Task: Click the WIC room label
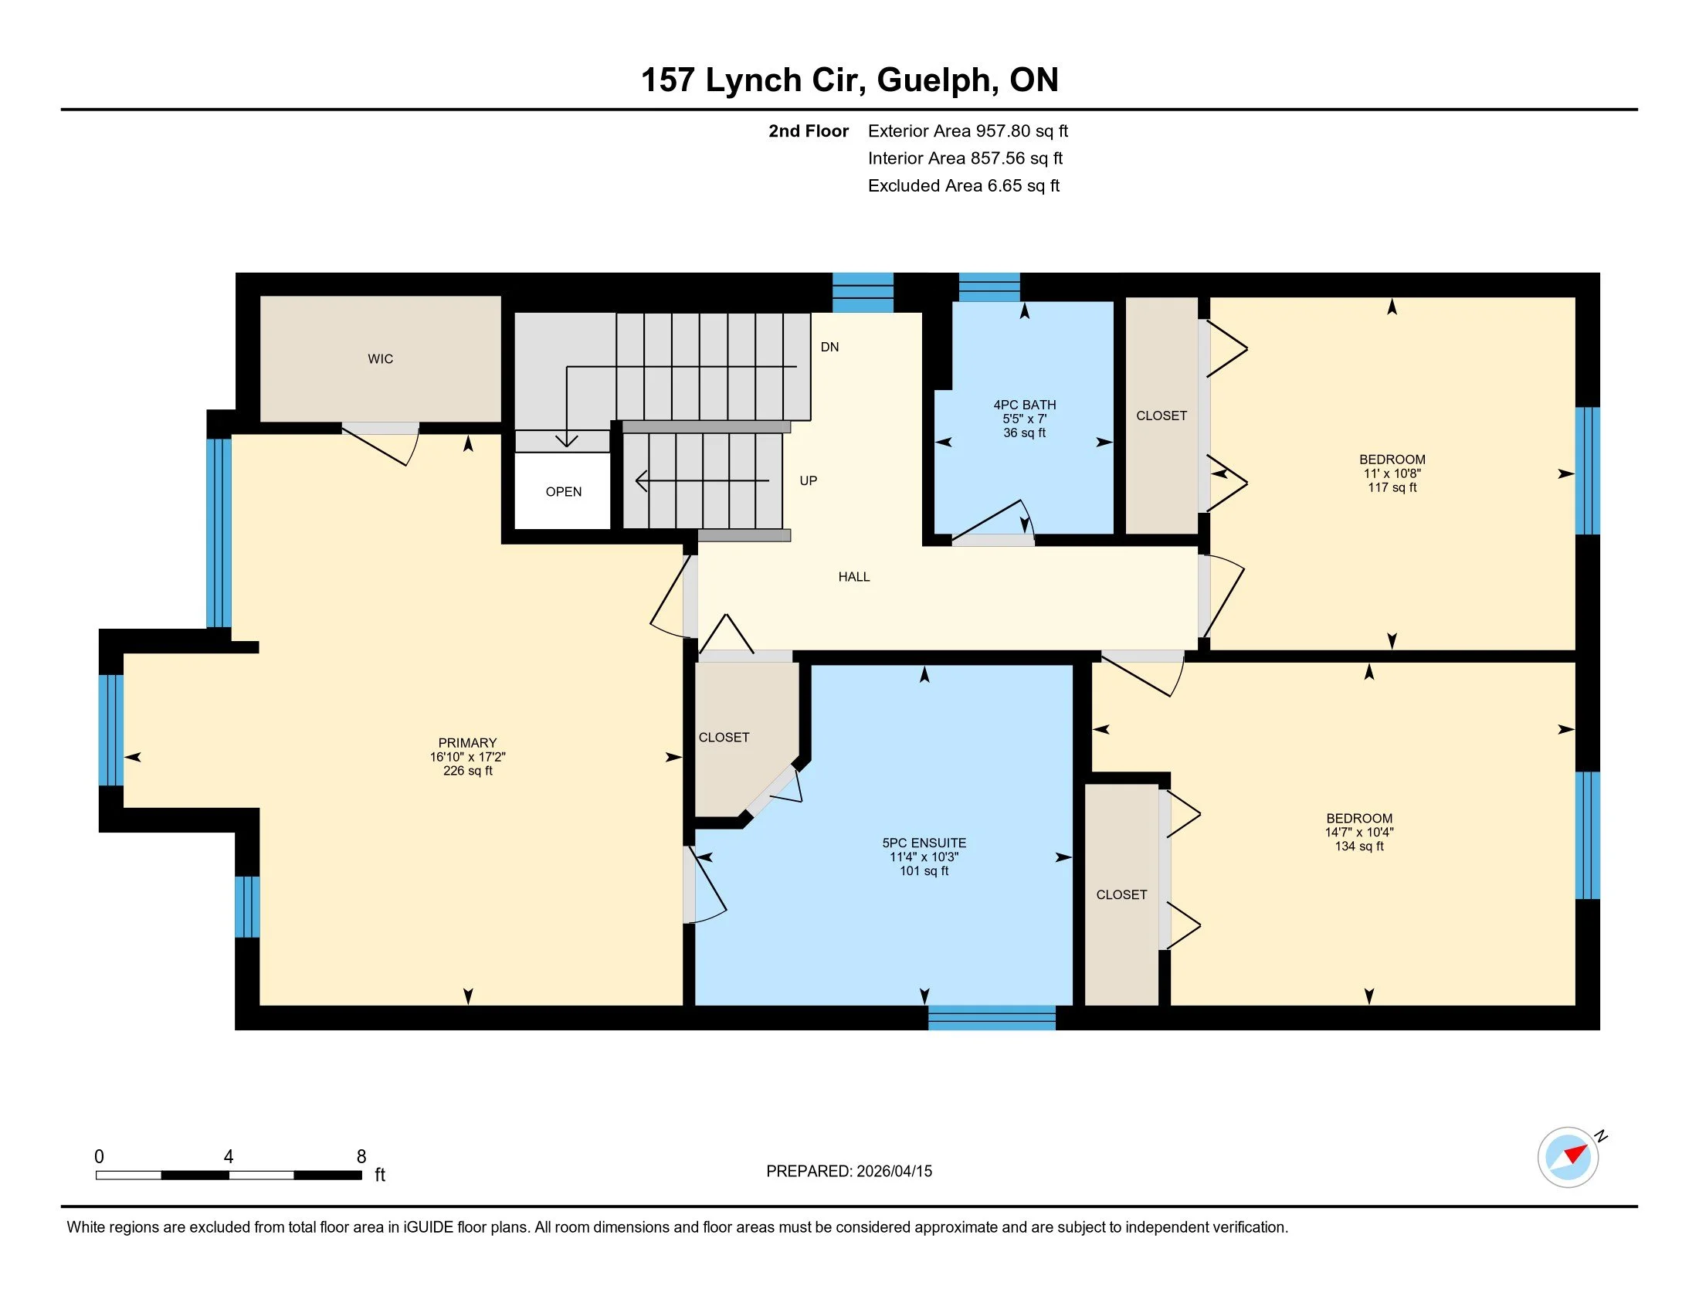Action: [381, 358]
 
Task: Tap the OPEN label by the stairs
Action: [563, 491]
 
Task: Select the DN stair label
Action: [829, 347]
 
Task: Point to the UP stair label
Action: [809, 480]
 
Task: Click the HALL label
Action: [853, 576]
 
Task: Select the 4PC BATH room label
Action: [1024, 405]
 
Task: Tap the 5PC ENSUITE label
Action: [924, 843]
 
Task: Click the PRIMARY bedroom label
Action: [466, 743]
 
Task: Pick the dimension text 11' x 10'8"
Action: [1392, 473]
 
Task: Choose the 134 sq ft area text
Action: [1358, 846]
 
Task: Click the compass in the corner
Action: [1568, 1157]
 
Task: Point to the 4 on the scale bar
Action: [228, 1157]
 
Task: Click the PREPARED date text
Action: [849, 1171]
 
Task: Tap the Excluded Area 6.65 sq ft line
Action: [963, 185]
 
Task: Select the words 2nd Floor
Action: [808, 131]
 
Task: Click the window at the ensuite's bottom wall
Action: [991, 1017]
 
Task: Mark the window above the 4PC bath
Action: [988, 287]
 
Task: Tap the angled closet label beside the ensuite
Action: [724, 737]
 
